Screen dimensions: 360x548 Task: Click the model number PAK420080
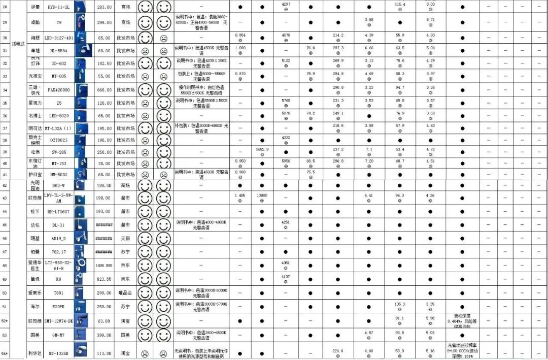pos(59,90)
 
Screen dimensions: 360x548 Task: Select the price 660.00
pos(104,90)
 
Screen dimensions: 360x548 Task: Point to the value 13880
pos(262,195)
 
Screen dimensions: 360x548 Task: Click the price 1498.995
pos(104,266)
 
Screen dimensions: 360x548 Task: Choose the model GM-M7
pos(59,335)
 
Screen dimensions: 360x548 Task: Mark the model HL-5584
pos(59,51)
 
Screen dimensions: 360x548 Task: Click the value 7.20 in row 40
pos(369,161)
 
